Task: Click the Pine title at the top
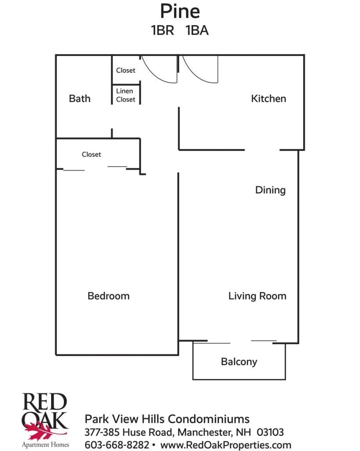[180, 11]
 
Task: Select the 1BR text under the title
[163, 30]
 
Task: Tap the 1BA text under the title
[197, 30]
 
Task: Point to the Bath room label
[80, 99]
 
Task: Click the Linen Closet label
[125, 95]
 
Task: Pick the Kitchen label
[268, 99]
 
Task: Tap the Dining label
[270, 190]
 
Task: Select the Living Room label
[257, 296]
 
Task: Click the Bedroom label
[108, 296]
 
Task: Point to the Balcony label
[239, 362]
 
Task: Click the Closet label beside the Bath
[125, 70]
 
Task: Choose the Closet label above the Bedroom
[92, 155]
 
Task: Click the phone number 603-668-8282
[117, 445]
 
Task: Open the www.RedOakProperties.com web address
[226, 445]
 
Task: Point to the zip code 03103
[270, 432]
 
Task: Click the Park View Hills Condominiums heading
[167, 419]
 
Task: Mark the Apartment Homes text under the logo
[45, 445]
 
